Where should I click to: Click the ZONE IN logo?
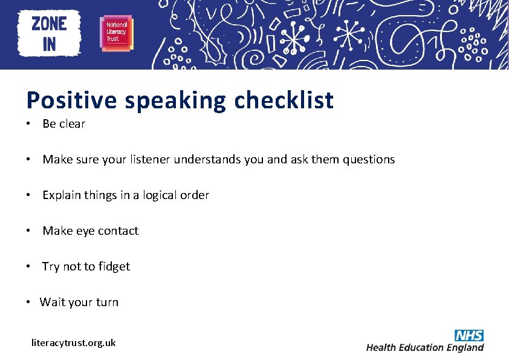pyautogui.click(x=49, y=34)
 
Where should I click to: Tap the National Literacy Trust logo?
pyautogui.click(x=116, y=34)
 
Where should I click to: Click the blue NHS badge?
pyautogui.click(x=469, y=335)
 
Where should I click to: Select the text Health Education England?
pyautogui.click(x=425, y=347)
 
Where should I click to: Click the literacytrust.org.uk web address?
pyautogui.click(x=73, y=342)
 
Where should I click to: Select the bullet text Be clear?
pyautogui.click(x=63, y=124)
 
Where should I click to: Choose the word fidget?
pyautogui.click(x=114, y=267)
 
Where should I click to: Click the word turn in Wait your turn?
pyautogui.click(x=107, y=303)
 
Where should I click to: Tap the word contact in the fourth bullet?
pyautogui.click(x=118, y=231)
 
